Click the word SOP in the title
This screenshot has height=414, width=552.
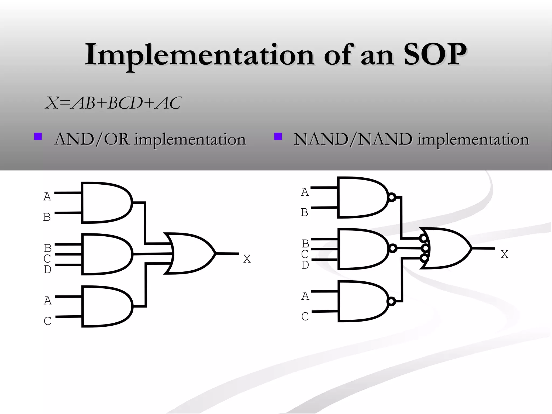(435, 55)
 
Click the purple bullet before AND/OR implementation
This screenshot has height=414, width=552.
(38, 136)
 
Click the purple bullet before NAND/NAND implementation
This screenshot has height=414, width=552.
(278, 136)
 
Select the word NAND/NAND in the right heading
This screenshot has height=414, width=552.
(353, 140)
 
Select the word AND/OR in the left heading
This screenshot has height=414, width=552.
(92, 140)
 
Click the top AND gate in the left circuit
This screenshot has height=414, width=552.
(105, 203)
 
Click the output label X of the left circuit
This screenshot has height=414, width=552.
(247, 259)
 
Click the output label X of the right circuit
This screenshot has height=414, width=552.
(504, 254)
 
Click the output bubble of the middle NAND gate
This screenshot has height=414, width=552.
(393, 248)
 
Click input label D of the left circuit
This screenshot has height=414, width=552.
(47, 269)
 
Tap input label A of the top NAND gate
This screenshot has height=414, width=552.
(305, 192)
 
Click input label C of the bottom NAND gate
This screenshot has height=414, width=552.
(305, 316)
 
